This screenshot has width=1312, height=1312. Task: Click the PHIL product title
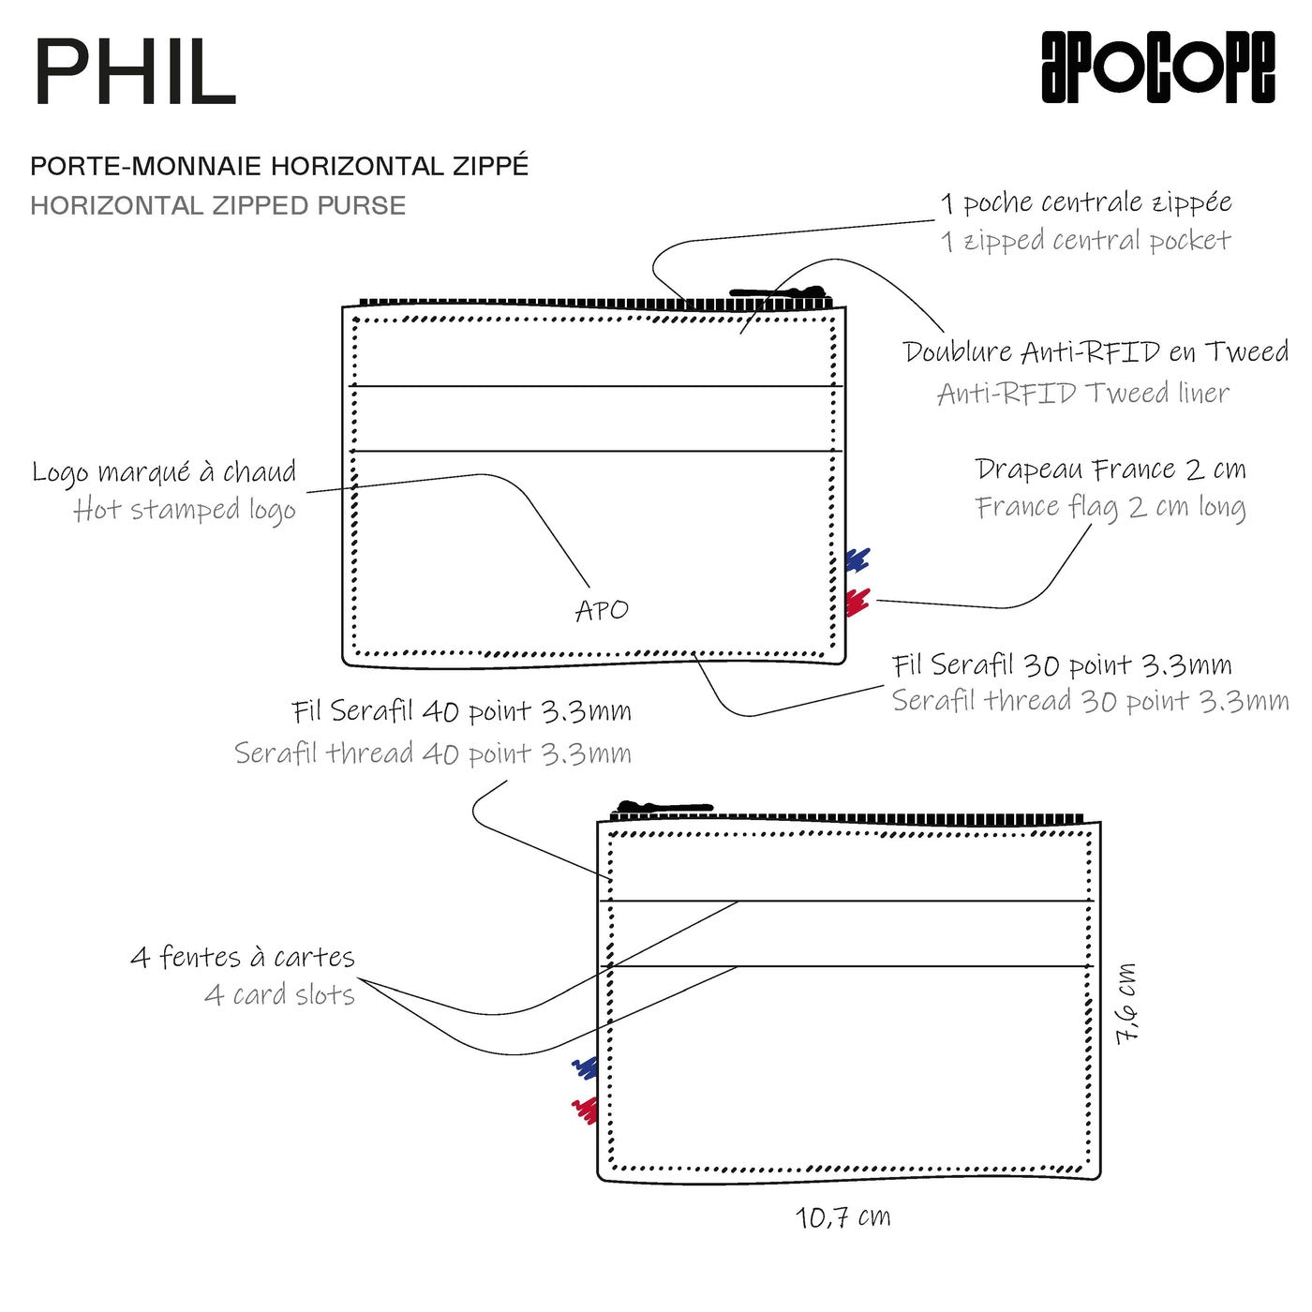[135, 73]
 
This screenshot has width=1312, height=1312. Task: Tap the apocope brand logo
[1158, 67]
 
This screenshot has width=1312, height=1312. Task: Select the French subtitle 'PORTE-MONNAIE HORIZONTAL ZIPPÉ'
[279, 166]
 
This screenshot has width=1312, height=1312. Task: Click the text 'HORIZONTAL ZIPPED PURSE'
[217, 205]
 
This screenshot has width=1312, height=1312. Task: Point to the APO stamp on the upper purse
[602, 610]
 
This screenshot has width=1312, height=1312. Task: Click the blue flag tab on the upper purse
[857, 560]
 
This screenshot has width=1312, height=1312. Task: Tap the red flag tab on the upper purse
[857, 602]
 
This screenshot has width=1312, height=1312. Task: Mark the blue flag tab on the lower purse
[586, 1066]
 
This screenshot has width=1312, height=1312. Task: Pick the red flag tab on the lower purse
[585, 1110]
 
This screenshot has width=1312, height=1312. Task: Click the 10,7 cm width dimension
[843, 1217]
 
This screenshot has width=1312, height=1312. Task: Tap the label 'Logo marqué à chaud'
[164, 471]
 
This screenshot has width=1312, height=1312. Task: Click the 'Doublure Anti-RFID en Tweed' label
[1096, 352]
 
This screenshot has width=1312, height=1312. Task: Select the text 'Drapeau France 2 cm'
[1111, 469]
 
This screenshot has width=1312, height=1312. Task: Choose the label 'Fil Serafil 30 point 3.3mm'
[1062, 665]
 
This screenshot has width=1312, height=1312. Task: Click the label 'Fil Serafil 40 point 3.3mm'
[461, 711]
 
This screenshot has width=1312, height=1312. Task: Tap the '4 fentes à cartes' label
[243, 957]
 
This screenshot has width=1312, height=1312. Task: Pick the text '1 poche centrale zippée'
[1086, 202]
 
